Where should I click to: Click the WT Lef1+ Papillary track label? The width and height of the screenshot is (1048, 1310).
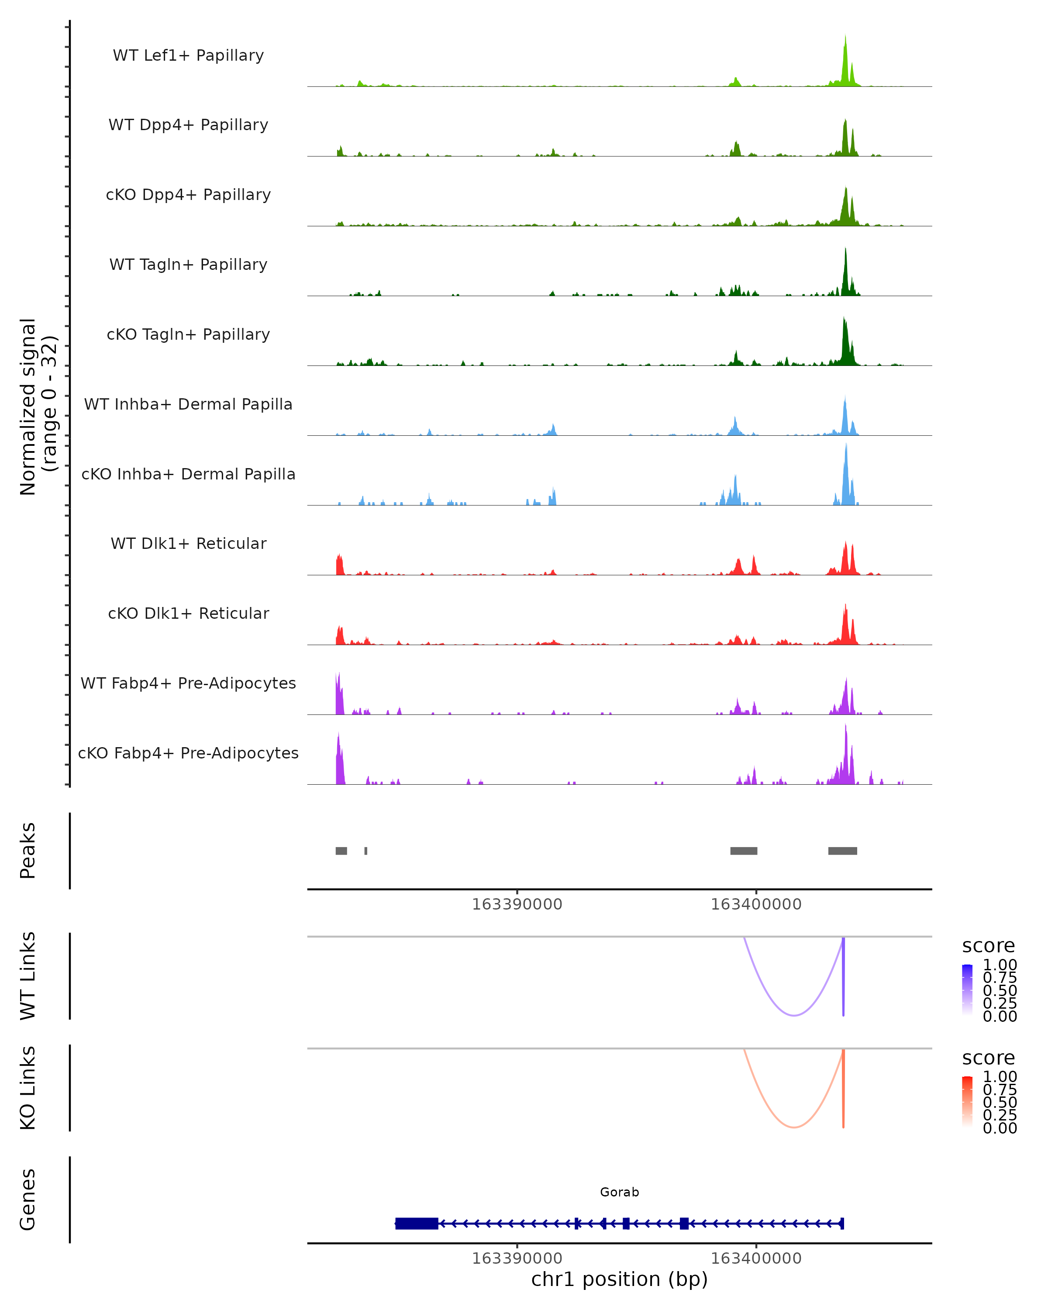coord(188,55)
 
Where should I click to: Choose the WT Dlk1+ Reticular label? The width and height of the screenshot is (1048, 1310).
coord(188,543)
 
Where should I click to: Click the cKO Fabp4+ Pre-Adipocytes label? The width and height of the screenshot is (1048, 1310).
coord(188,753)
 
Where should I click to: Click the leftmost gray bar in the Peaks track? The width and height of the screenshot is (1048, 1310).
coord(341,851)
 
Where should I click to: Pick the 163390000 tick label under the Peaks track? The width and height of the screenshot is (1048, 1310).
coord(517,904)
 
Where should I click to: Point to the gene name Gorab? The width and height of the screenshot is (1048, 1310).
coord(619,1192)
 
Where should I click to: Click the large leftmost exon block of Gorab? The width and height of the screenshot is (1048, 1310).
coord(417,1223)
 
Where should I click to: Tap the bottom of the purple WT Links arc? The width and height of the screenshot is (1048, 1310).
coord(793,1015)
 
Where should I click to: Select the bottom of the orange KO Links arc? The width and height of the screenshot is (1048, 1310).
coord(793,1127)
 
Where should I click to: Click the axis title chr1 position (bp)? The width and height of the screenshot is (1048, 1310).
coord(619,1279)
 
